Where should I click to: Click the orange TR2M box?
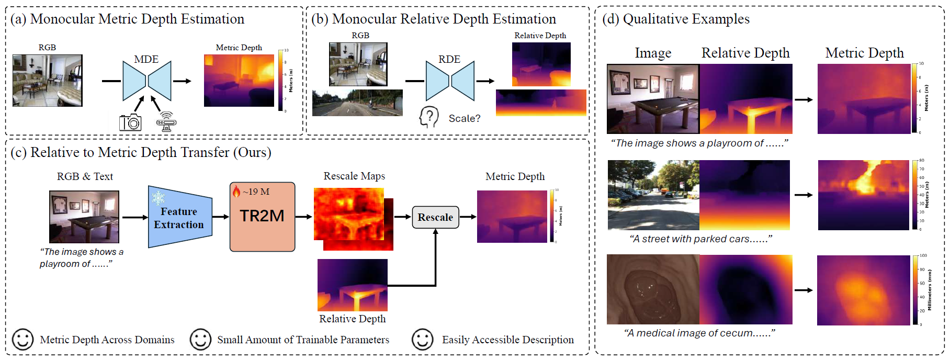[262, 217]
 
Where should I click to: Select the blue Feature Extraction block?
[179, 217]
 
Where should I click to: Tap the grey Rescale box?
[435, 217]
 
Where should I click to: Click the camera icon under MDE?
[130, 122]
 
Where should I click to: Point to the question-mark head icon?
[429, 117]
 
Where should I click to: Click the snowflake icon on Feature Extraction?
[158, 197]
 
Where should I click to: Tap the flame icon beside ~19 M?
[236, 192]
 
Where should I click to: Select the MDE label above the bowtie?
[146, 59]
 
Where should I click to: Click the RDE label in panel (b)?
[449, 59]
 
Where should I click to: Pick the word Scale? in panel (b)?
[465, 119]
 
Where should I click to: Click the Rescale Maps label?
[354, 176]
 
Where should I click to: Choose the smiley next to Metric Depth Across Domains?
[22, 340]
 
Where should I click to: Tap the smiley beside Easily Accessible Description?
[422, 340]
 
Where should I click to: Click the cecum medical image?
[653, 289]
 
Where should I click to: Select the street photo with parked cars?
[653, 195]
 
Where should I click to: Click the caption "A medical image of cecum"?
[699, 333]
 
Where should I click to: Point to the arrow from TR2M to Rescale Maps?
[304, 217]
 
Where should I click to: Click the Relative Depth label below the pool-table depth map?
[352, 319]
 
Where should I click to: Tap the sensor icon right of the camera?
[166, 122]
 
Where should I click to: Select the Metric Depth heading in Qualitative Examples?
[864, 53]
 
